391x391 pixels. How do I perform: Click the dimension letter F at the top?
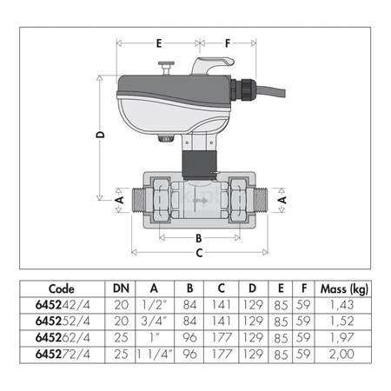click(x=228, y=41)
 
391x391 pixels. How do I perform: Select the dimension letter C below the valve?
click(x=198, y=253)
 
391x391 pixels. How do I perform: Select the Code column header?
click(x=62, y=289)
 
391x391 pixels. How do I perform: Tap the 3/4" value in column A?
click(x=155, y=321)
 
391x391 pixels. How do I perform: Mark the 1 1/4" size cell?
click(x=153, y=355)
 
